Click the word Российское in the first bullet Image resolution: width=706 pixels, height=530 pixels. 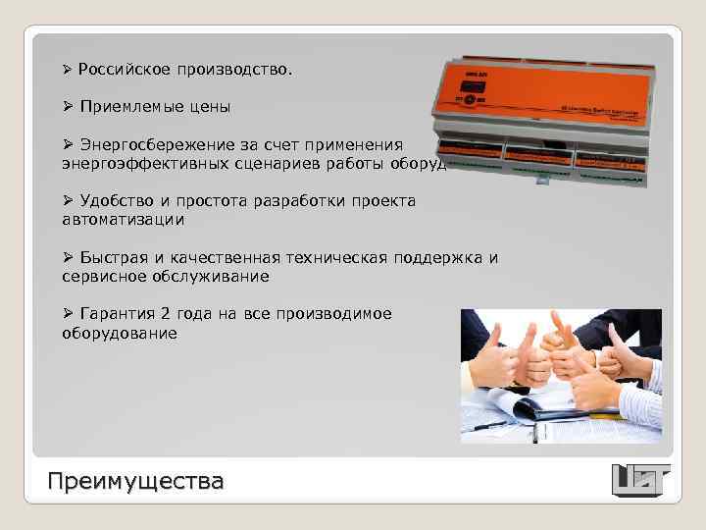[x=123, y=71]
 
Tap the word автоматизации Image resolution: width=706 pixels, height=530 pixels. [x=123, y=220]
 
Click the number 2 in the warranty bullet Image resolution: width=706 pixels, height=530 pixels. [x=166, y=314]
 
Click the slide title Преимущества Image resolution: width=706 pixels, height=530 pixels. [x=136, y=481]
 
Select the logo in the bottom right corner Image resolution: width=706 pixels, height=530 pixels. [x=640, y=479]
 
